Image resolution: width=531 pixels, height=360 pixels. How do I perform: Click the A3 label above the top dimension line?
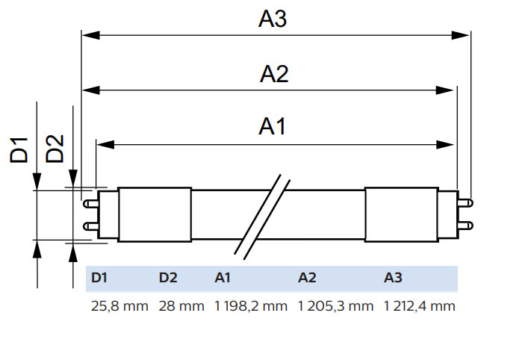point(273,19)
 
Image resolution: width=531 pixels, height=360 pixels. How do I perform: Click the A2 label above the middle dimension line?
point(274,74)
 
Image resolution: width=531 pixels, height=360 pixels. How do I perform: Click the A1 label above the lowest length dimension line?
point(273,127)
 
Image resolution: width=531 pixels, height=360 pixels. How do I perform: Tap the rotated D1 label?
point(19,150)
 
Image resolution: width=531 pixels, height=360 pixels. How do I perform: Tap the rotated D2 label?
point(55,149)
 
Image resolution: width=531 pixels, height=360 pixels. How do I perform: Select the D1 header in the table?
point(99,278)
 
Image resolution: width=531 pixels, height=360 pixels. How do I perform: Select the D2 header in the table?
point(168,278)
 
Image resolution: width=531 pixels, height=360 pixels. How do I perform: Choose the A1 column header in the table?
point(223,278)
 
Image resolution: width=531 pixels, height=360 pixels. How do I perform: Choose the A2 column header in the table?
point(307,278)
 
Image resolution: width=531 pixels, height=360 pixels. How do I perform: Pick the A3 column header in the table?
point(393,278)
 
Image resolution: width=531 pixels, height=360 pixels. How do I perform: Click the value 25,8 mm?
point(119,306)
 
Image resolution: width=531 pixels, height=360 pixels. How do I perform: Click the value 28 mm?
point(181,306)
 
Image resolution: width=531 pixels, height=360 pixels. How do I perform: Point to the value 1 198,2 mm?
point(251,306)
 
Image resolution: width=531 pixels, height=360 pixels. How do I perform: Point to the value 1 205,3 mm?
point(335,306)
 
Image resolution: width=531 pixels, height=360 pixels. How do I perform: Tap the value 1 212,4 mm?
point(420,306)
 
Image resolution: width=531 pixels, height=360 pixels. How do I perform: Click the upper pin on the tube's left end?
point(91,204)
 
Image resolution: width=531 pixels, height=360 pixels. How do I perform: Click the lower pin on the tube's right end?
point(465,226)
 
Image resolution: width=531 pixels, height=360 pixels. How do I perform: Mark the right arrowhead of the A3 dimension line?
point(461,35)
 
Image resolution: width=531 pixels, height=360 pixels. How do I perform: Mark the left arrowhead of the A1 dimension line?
point(105,145)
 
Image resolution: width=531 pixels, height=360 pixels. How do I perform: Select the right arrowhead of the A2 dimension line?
point(444,90)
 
